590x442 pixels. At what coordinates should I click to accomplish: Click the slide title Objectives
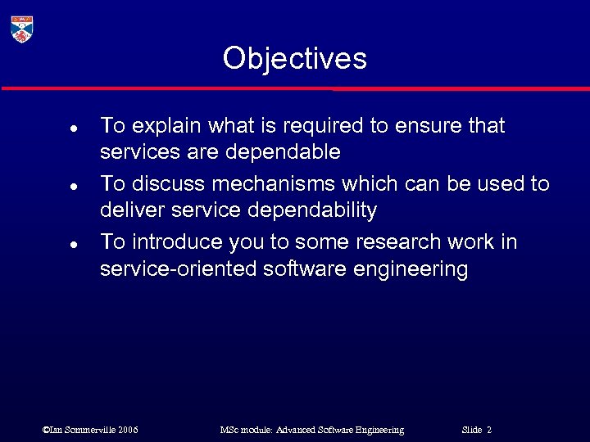[x=294, y=58]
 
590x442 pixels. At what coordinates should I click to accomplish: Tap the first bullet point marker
[x=73, y=129]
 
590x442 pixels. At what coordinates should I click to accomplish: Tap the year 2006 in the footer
[x=128, y=430]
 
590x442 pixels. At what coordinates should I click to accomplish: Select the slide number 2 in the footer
[x=489, y=430]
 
